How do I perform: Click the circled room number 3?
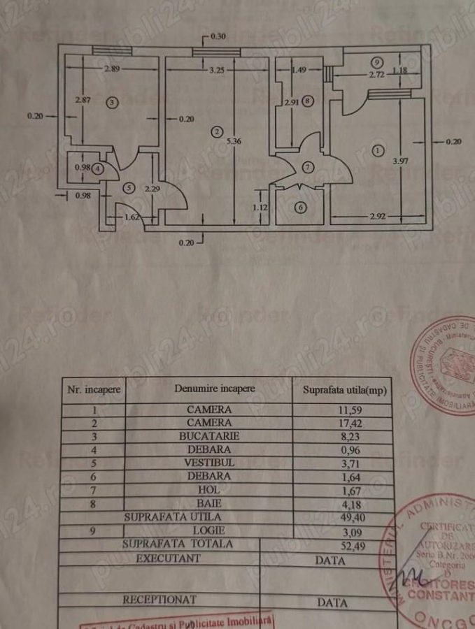click(x=114, y=103)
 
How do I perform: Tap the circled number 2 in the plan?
click(x=218, y=131)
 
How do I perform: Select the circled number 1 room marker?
click(x=378, y=150)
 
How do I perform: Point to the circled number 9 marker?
click(x=377, y=62)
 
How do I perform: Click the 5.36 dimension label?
click(x=234, y=140)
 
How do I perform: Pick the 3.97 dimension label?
click(x=401, y=161)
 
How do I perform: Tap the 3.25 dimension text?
click(x=217, y=70)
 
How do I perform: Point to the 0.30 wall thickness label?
click(x=218, y=36)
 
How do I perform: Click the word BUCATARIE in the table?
click(x=208, y=435)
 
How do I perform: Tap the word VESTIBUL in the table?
click(x=208, y=463)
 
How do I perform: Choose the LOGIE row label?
click(x=208, y=530)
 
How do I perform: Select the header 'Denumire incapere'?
click(x=215, y=389)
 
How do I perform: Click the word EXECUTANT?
click(x=168, y=558)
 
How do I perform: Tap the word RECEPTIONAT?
click(x=159, y=599)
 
